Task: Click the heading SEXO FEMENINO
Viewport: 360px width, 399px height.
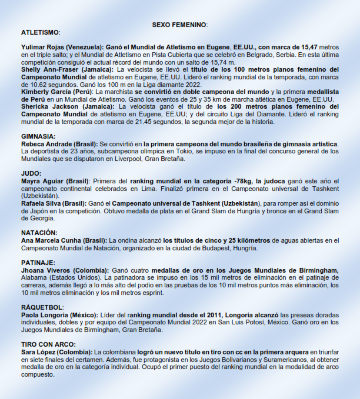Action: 179,25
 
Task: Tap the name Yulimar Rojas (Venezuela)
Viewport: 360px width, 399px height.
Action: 62,46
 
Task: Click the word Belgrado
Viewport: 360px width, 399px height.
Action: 271,55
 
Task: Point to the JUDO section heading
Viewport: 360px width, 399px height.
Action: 32,174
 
